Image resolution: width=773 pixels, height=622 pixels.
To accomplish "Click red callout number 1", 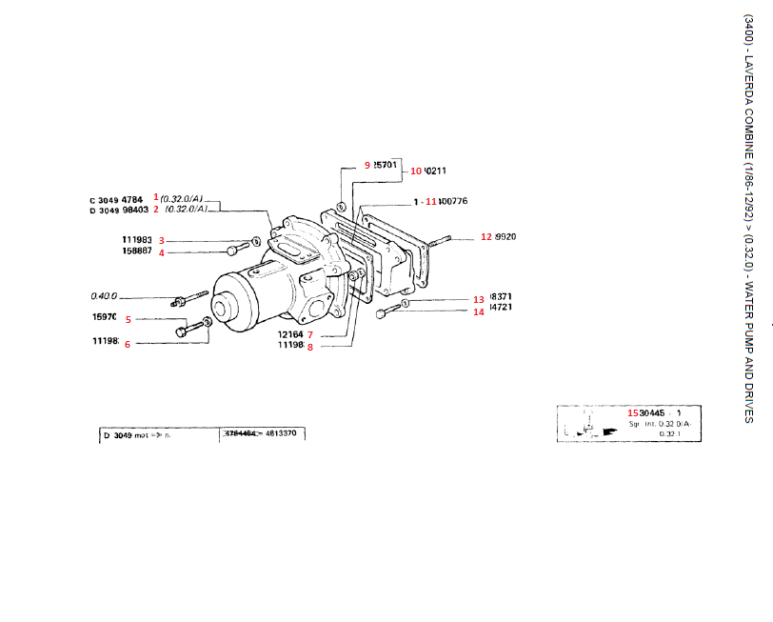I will pos(156,195).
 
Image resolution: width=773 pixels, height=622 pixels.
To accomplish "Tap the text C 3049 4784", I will pos(116,199).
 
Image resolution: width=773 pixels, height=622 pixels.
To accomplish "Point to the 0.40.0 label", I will pos(105,295).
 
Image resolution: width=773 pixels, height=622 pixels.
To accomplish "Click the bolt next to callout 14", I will pos(383,312).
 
